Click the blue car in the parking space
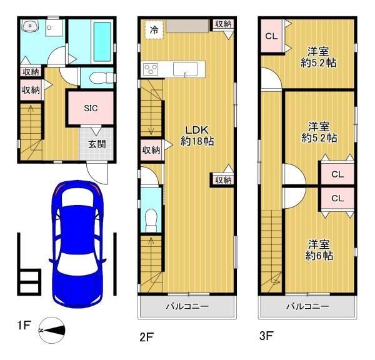tap(77, 244)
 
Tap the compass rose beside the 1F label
tap(52, 330)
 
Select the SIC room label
tap(91, 108)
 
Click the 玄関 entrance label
tap(97, 144)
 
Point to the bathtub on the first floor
tap(102, 42)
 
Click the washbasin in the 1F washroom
tap(30, 26)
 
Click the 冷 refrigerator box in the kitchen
tap(154, 29)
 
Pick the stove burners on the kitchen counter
tap(151, 69)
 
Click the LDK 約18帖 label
tap(197, 136)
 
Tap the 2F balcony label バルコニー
tap(187, 306)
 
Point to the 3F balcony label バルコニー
tap(307, 306)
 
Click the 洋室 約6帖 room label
tap(319, 250)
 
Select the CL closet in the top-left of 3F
tap(271, 36)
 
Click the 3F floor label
tap(266, 336)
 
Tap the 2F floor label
tap(146, 337)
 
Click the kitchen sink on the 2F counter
tap(186, 69)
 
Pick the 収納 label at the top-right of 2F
tap(223, 24)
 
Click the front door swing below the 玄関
tap(97, 172)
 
